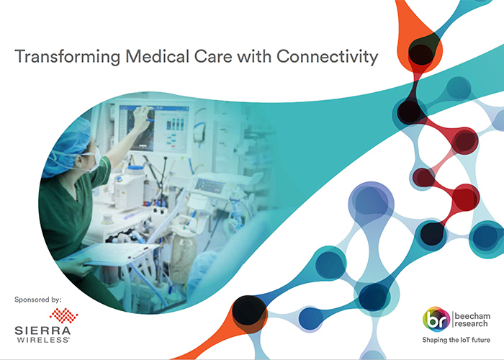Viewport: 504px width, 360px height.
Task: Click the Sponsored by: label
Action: click(38, 298)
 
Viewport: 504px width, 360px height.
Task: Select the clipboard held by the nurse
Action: click(119, 255)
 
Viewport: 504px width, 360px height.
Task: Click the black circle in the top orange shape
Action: click(420, 50)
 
